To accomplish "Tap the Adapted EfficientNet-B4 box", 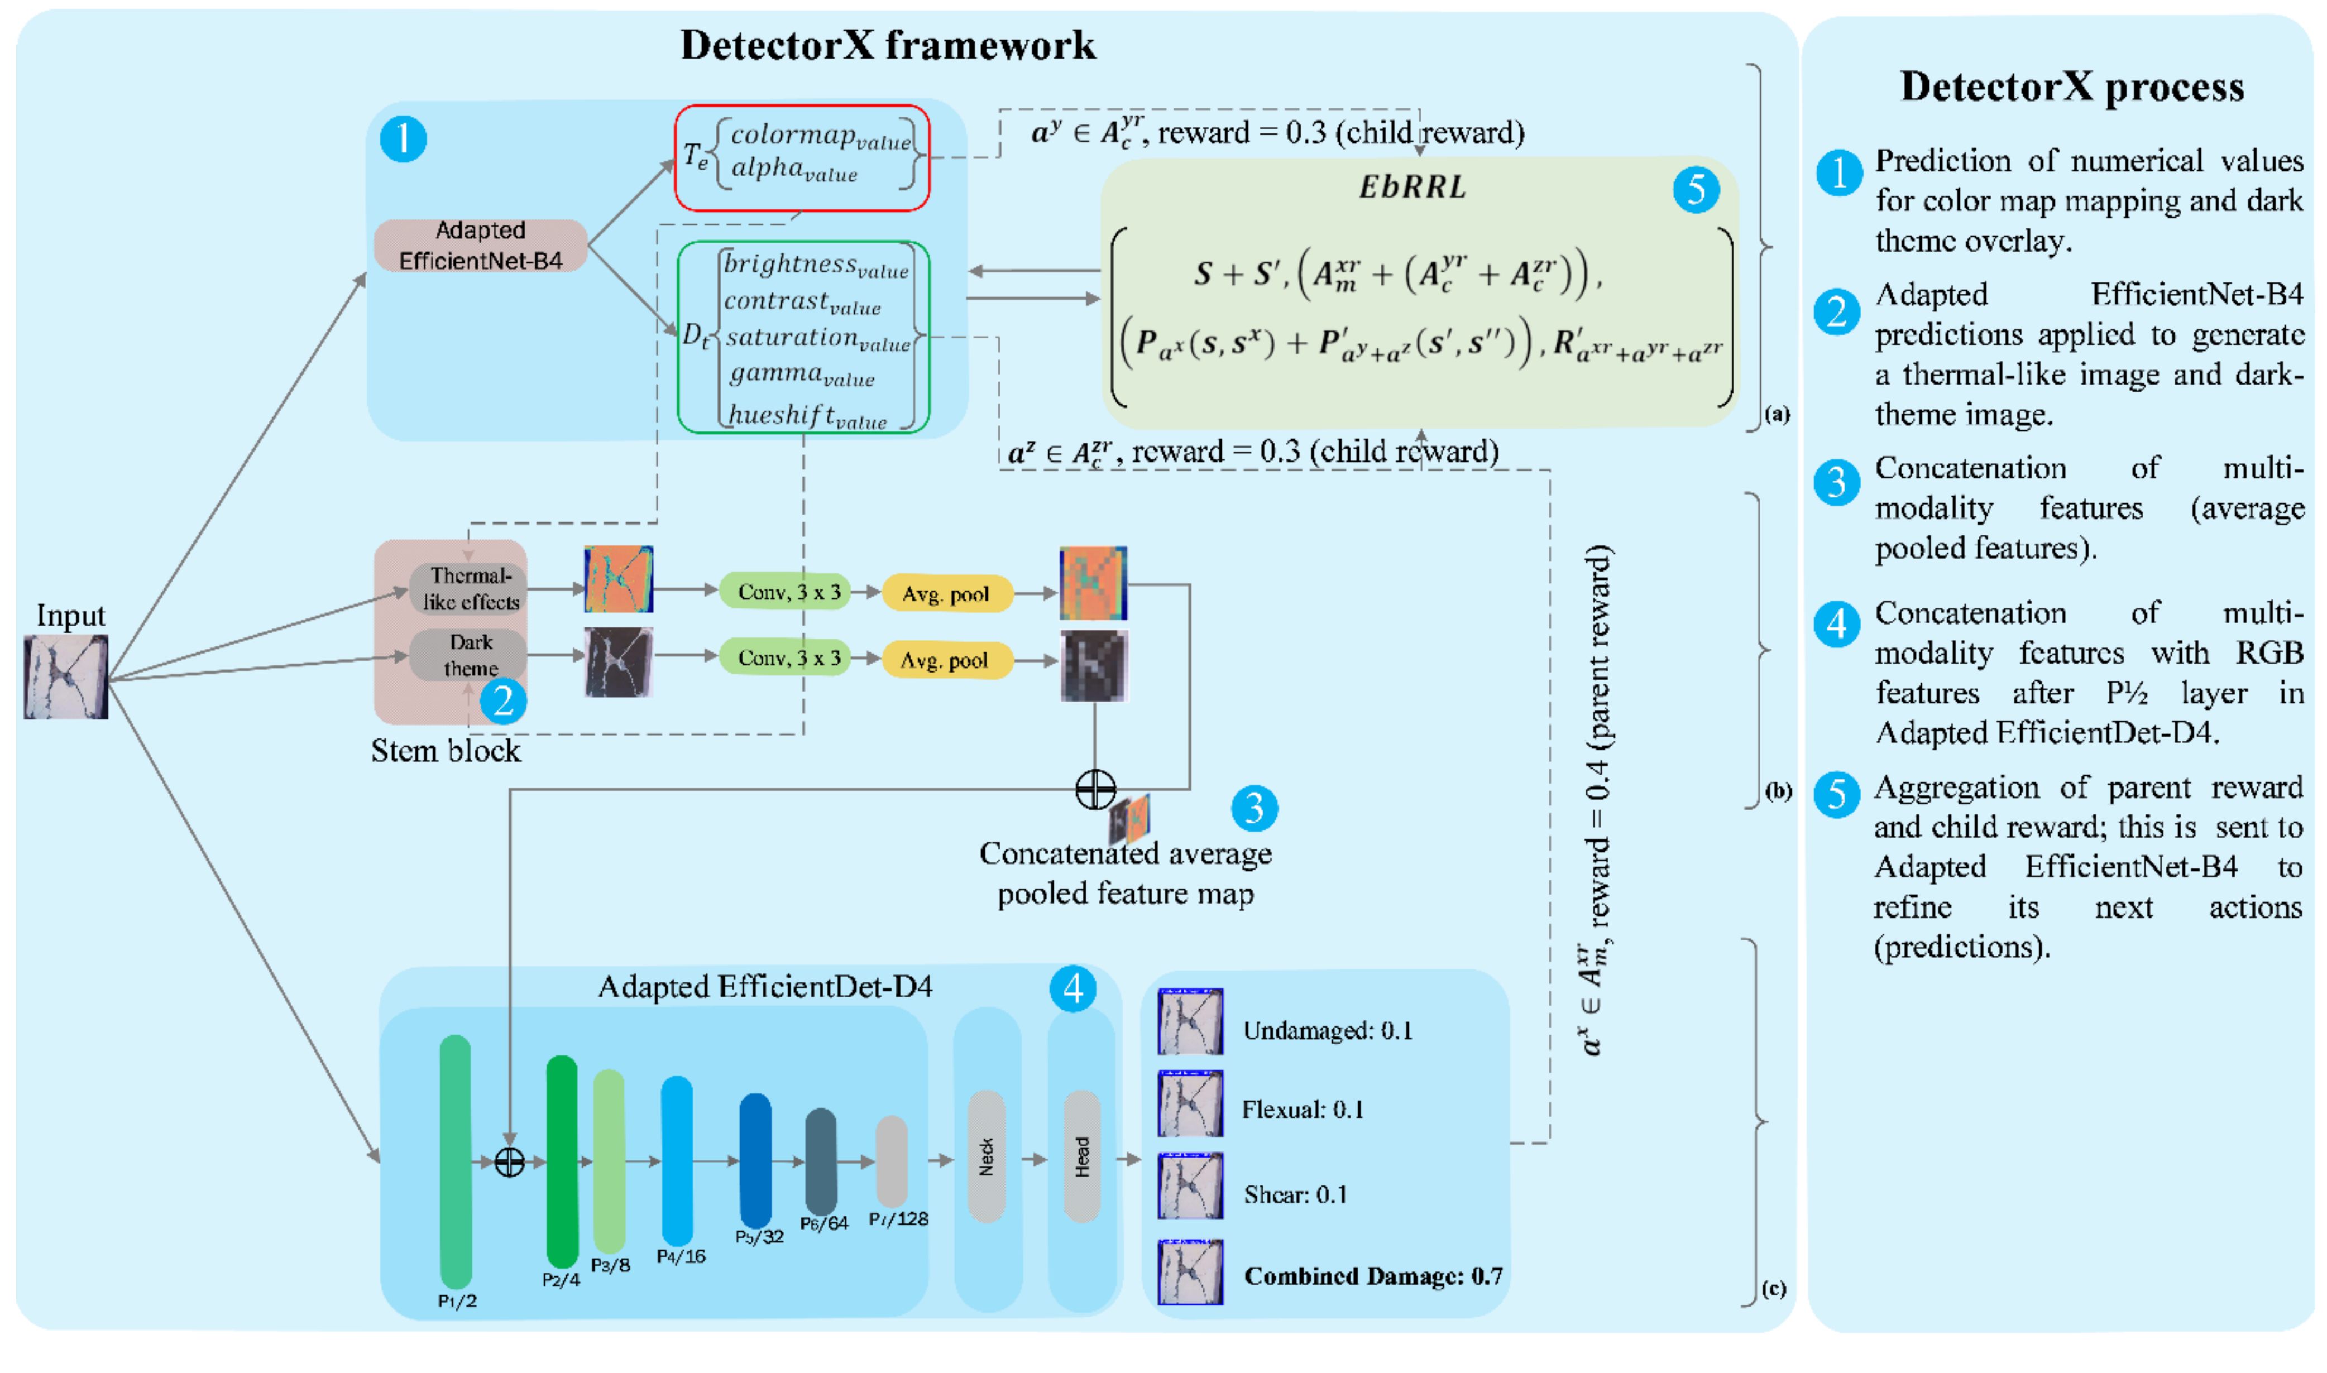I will click(x=480, y=245).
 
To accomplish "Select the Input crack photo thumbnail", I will click(x=66, y=676).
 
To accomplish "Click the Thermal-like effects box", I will click(x=470, y=588).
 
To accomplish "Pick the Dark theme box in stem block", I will click(x=470, y=655).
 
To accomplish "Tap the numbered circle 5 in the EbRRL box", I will click(x=1696, y=190).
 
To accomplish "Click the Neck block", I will click(x=987, y=1156).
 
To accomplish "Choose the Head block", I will click(x=1081, y=1156).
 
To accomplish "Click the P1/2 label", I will click(x=457, y=1301).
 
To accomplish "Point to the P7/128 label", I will click(x=898, y=1220).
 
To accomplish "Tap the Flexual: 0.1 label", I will click(x=1303, y=1110).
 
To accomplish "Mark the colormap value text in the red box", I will click(x=820, y=136).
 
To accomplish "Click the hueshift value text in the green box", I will click(x=807, y=416).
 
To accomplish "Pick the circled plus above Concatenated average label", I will click(x=1095, y=789).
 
